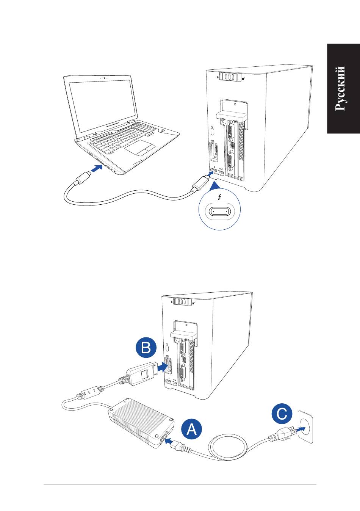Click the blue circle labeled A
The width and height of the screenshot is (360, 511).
click(x=192, y=430)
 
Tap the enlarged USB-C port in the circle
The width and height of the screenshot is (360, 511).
click(x=220, y=211)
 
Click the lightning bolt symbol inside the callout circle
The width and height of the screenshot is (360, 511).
click(x=220, y=197)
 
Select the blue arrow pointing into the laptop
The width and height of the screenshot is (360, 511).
click(x=97, y=168)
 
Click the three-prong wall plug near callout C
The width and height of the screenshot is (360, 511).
click(x=281, y=434)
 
